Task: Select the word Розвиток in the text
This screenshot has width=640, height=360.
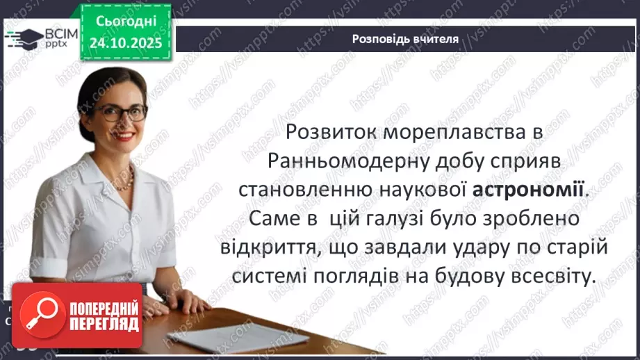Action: [336, 131]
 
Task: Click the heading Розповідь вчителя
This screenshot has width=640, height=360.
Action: [405, 39]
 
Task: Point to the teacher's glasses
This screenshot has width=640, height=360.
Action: [122, 112]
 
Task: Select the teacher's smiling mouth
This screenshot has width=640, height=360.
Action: [126, 137]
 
